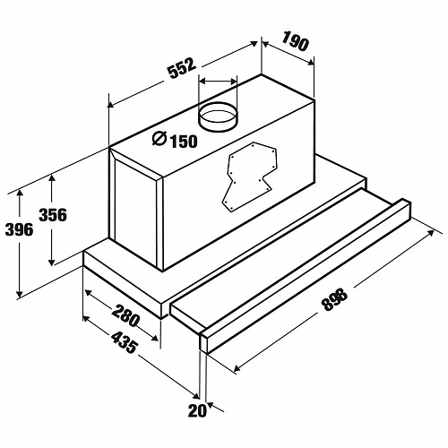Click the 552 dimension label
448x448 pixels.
(182, 68)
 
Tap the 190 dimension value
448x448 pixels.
(295, 41)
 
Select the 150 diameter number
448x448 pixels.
(184, 142)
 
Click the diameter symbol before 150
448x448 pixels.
(159, 139)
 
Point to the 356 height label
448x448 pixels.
(53, 215)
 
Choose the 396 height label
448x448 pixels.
(20, 229)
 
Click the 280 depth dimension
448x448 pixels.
(125, 315)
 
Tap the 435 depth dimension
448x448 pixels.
(125, 342)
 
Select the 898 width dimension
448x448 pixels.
(335, 299)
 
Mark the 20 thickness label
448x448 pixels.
(197, 410)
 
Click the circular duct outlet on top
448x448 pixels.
(218, 116)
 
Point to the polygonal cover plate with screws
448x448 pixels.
(250, 176)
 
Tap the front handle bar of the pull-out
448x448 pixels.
(306, 277)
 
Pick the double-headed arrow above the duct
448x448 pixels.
(218, 81)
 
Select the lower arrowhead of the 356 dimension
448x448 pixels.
(52, 262)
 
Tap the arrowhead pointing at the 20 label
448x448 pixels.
(211, 405)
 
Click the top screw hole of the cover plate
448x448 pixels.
(253, 146)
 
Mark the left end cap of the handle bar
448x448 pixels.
(203, 342)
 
